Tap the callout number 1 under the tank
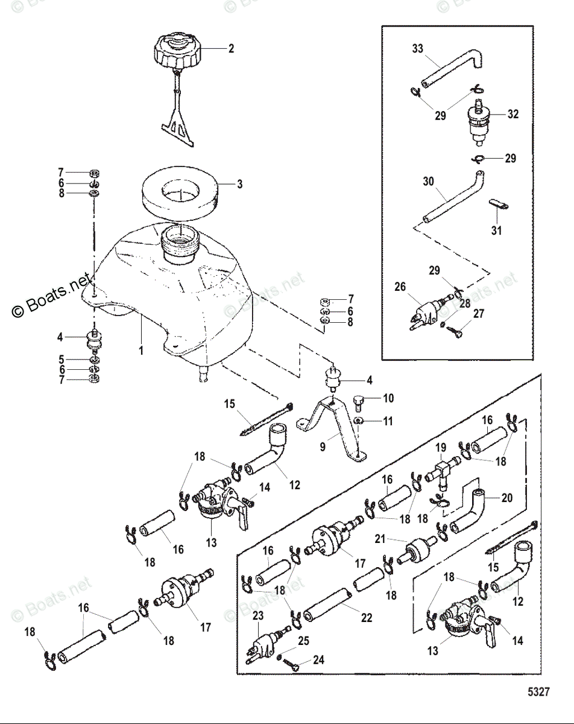(x=141, y=349)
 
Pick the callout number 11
(x=388, y=422)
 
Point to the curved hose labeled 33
(x=452, y=69)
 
